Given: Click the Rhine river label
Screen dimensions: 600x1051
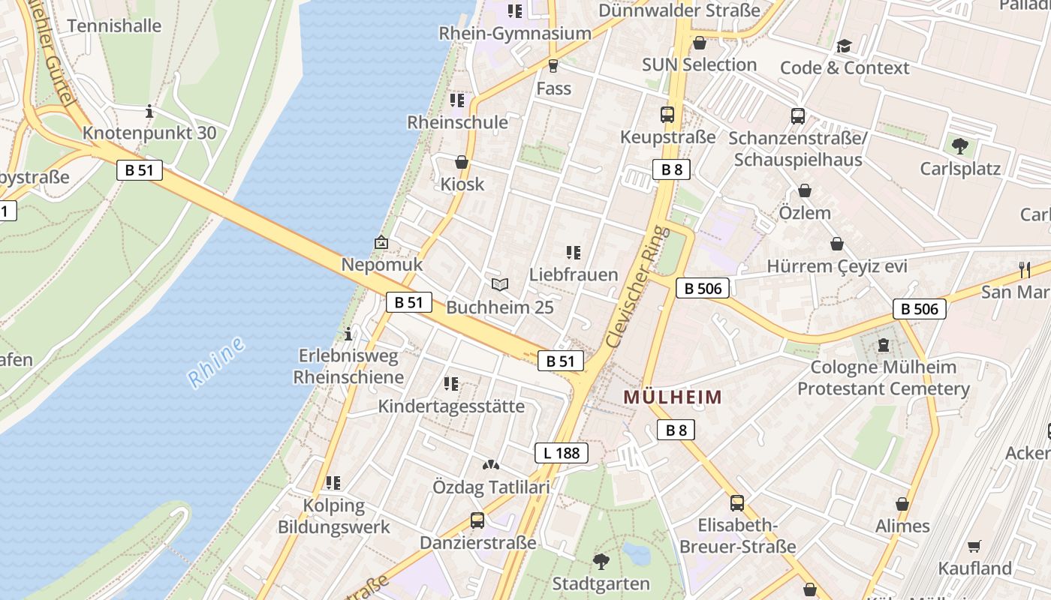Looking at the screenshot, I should click(x=217, y=362).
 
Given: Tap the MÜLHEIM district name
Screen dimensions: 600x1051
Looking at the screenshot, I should click(x=673, y=397).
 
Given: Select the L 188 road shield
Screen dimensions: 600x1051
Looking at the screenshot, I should click(x=561, y=453).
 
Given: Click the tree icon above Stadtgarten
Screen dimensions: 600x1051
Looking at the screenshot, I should click(x=601, y=561).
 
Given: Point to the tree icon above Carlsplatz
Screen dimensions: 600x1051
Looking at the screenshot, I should click(x=959, y=145).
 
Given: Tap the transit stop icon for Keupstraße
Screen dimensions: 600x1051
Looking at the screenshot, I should click(x=667, y=115).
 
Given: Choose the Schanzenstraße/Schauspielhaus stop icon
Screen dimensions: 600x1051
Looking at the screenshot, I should click(x=798, y=116).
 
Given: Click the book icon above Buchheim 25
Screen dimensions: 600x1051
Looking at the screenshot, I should click(x=500, y=284).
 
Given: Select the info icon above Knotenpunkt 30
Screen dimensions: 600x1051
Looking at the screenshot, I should click(x=149, y=112).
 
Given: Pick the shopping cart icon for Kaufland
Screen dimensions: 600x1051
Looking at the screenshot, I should click(x=974, y=546).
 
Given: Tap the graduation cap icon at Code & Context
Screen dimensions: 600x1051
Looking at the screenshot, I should click(x=845, y=46).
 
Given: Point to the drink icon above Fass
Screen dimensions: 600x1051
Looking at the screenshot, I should click(x=553, y=66).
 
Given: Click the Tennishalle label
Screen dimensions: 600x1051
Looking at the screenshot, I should click(x=114, y=25).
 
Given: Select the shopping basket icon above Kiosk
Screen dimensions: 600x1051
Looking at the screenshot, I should click(x=462, y=162).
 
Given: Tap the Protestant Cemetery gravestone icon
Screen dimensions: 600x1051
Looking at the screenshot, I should click(x=883, y=346).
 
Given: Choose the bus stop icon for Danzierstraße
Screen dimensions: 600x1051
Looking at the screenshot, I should click(x=477, y=520).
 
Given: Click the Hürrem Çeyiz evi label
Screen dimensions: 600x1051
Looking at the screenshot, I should click(x=836, y=266).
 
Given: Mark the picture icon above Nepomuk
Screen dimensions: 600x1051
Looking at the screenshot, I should click(x=381, y=242).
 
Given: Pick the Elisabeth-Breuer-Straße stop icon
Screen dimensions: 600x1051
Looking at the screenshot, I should click(x=737, y=502).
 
